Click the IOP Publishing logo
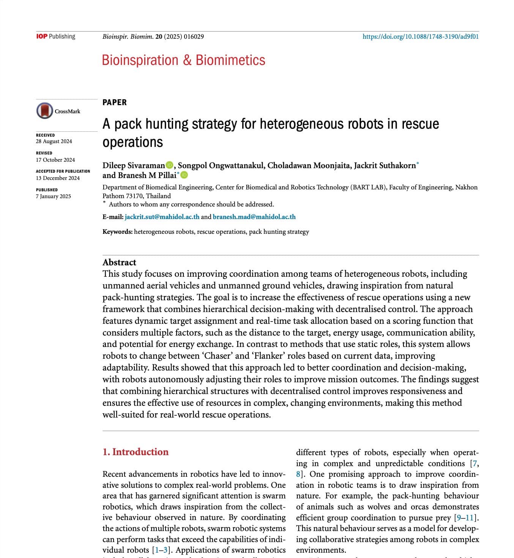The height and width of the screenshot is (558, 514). pos(56,36)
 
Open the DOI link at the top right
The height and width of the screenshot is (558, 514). pos(420,37)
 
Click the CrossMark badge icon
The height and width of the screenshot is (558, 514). pos(44,111)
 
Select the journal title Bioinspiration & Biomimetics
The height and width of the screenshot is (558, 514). pos(183,60)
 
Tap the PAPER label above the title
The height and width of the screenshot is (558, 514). pos(114,102)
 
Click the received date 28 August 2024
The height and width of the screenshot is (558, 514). pos(54,142)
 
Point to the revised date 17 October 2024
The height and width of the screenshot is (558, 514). pos(55,160)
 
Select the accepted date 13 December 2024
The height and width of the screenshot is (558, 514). pos(58,178)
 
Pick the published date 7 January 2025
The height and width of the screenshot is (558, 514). pos(53,196)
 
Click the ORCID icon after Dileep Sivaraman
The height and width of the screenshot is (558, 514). pos(169,165)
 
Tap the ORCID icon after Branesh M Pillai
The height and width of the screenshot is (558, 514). pos(184,175)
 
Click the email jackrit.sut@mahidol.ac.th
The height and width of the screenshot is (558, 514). pos(162,217)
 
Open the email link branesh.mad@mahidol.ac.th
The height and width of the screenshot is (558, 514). pos(254,217)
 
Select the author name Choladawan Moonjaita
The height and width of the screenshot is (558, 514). pos(309,166)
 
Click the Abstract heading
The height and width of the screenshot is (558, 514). pos(119,262)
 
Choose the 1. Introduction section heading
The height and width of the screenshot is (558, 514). pos(136,452)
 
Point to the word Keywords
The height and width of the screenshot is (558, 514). pos(117,232)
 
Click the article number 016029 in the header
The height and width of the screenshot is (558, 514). pos(194,37)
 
